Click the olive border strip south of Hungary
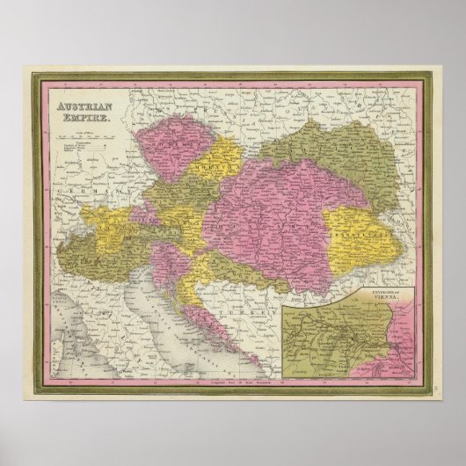tap(237, 268)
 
